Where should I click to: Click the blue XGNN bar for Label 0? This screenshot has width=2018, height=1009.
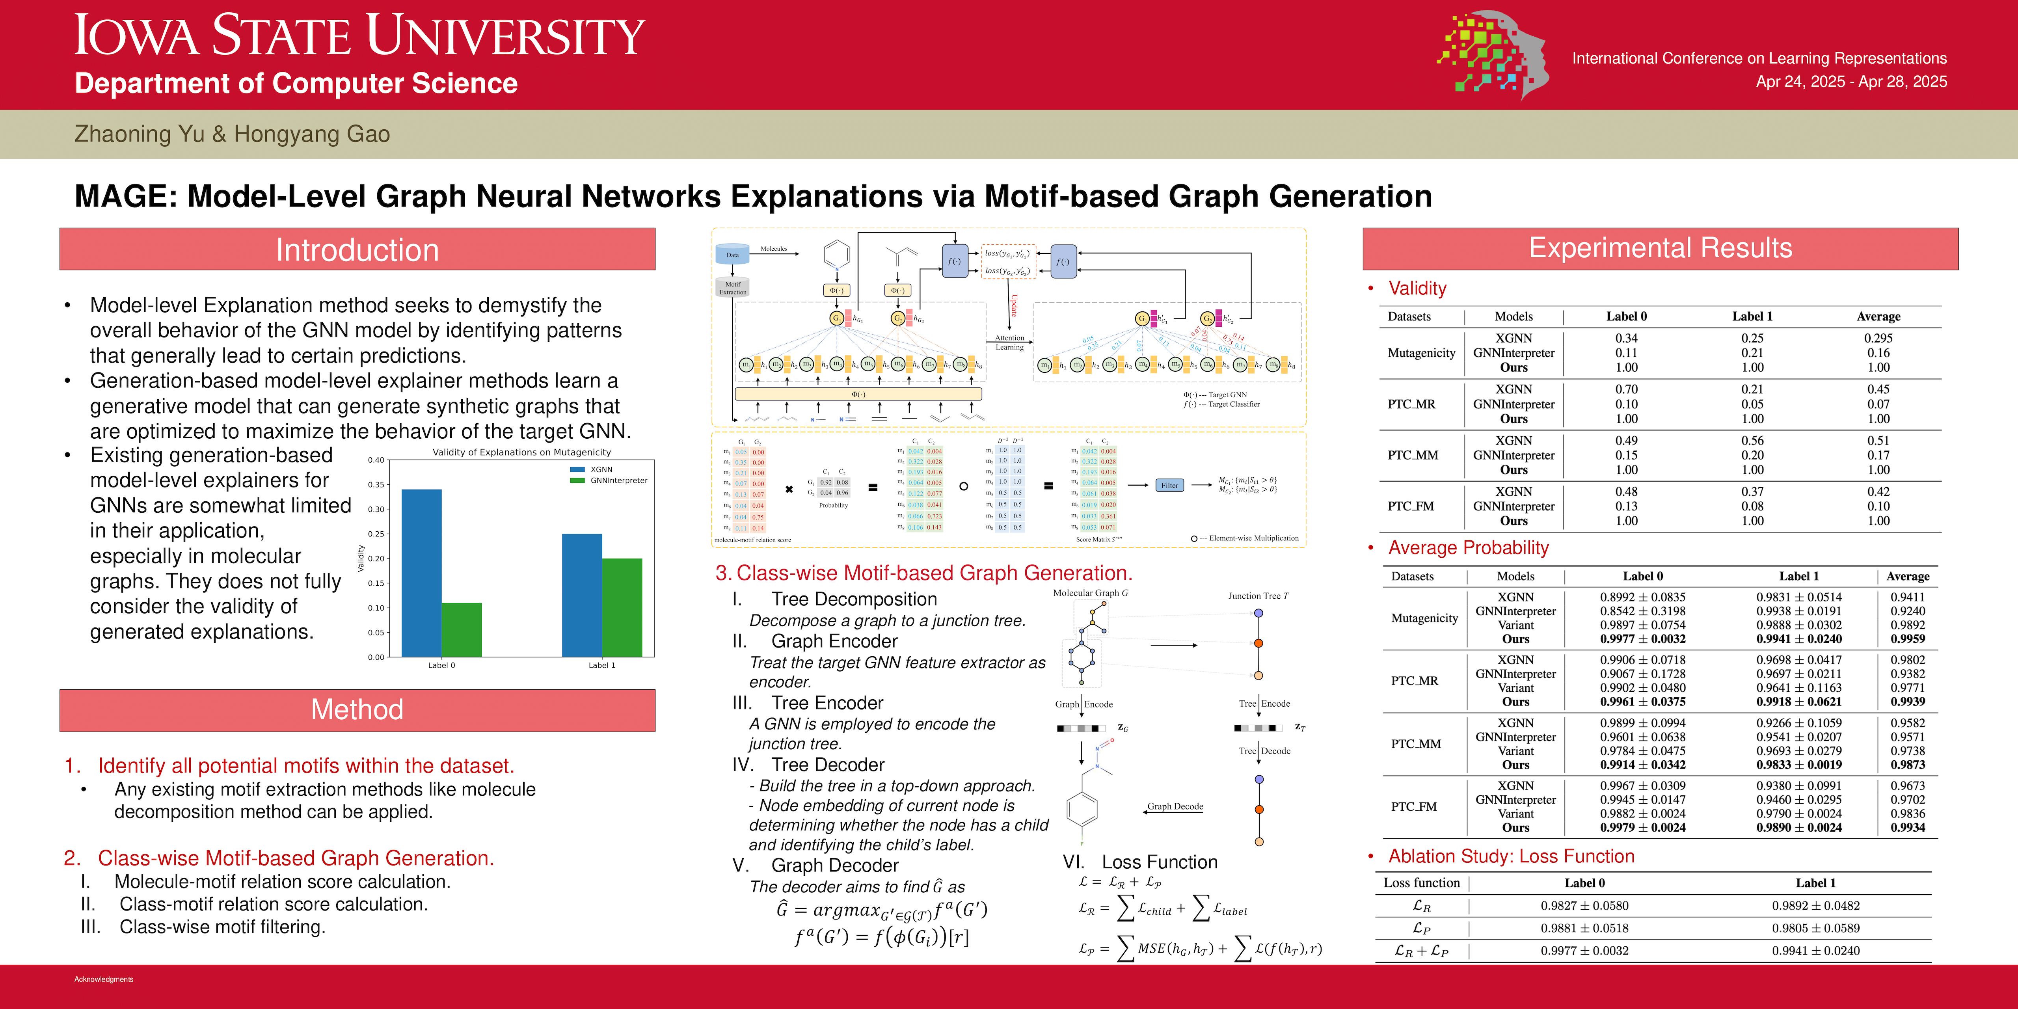421,572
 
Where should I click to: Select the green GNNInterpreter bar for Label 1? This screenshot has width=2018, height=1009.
622,607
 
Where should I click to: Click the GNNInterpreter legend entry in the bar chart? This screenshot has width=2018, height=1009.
618,480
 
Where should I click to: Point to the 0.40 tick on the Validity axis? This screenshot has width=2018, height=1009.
376,460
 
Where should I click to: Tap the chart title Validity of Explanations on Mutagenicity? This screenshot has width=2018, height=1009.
522,452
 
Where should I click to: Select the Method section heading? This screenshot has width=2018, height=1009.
357,710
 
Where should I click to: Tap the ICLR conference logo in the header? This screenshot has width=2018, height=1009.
1492,55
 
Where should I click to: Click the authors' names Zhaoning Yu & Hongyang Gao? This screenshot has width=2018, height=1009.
232,134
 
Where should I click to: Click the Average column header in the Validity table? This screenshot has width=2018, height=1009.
1878,316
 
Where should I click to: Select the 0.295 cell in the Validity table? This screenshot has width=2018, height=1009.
1878,339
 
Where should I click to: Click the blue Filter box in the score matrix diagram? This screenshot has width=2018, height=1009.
1169,486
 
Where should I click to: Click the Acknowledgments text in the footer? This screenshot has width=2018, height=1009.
103,979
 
